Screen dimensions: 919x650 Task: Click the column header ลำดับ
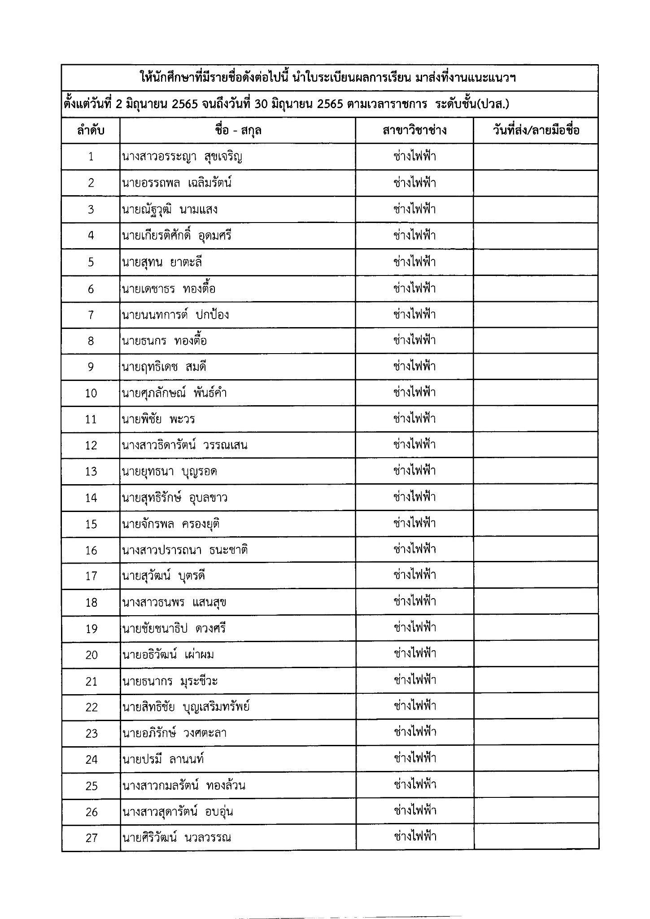pos(91,131)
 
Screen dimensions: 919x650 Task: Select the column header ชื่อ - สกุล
pos(238,131)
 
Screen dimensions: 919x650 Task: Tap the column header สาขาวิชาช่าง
pos(414,131)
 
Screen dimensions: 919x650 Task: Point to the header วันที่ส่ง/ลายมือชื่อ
pos(536,131)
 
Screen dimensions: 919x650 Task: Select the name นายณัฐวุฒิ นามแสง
pos(170,210)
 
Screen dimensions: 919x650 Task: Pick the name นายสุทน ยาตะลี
pos(161,262)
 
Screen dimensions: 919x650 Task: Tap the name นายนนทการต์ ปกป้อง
pos(175,315)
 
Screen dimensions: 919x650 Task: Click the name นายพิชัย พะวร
pos(158,419)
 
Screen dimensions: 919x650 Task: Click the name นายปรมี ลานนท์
pos(163,760)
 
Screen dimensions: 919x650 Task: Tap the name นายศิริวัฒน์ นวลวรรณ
pos(176,838)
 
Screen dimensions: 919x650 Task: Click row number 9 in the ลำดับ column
pos(91,367)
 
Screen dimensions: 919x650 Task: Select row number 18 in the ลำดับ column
pos(91,603)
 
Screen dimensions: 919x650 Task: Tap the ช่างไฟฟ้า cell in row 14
pos(414,497)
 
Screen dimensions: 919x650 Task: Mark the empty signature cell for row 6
pos(536,289)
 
